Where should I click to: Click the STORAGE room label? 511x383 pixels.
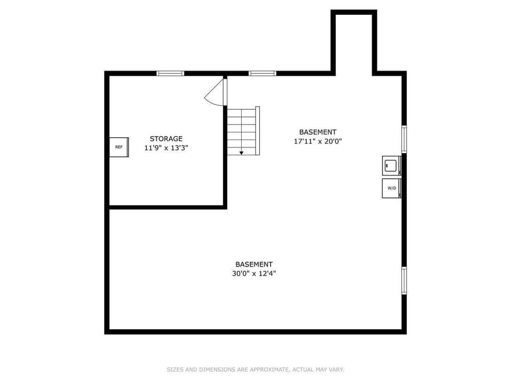pyautogui.click(x=166, y=139)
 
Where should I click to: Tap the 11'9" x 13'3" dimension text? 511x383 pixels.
pyautogui.click(x=166, y=148)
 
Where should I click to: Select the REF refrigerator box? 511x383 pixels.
pyautogui.click(x=118, y=147)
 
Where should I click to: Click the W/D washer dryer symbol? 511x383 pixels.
pyautogui.click(x=391, y=188)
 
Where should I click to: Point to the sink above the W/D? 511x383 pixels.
pyautogui.click(x=391, y=165)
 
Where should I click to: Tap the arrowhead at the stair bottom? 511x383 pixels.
pyautogui.click(x=241, y=153)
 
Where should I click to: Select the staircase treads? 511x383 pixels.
pyautogui.click(x=243, y=130)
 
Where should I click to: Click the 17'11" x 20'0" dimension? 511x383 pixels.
pyautogui.click(x=317, y=141)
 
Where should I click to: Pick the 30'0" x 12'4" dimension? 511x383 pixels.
pyautogui.click(x=254, y=274)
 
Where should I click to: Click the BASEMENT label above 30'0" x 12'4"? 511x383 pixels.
pyautogui.click(x=254, y=264)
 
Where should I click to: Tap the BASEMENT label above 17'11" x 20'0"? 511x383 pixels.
pyautogui.click(x=317, y=132)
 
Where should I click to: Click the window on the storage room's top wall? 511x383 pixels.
pyautogui.click(x=170, y=73)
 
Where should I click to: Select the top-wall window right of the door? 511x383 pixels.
pyautogui.click(x=262, y=73)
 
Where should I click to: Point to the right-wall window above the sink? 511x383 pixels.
pyautogui.click(x=404, y=139)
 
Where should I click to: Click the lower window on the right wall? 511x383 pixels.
pyautogui.click(x=404, y=280)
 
